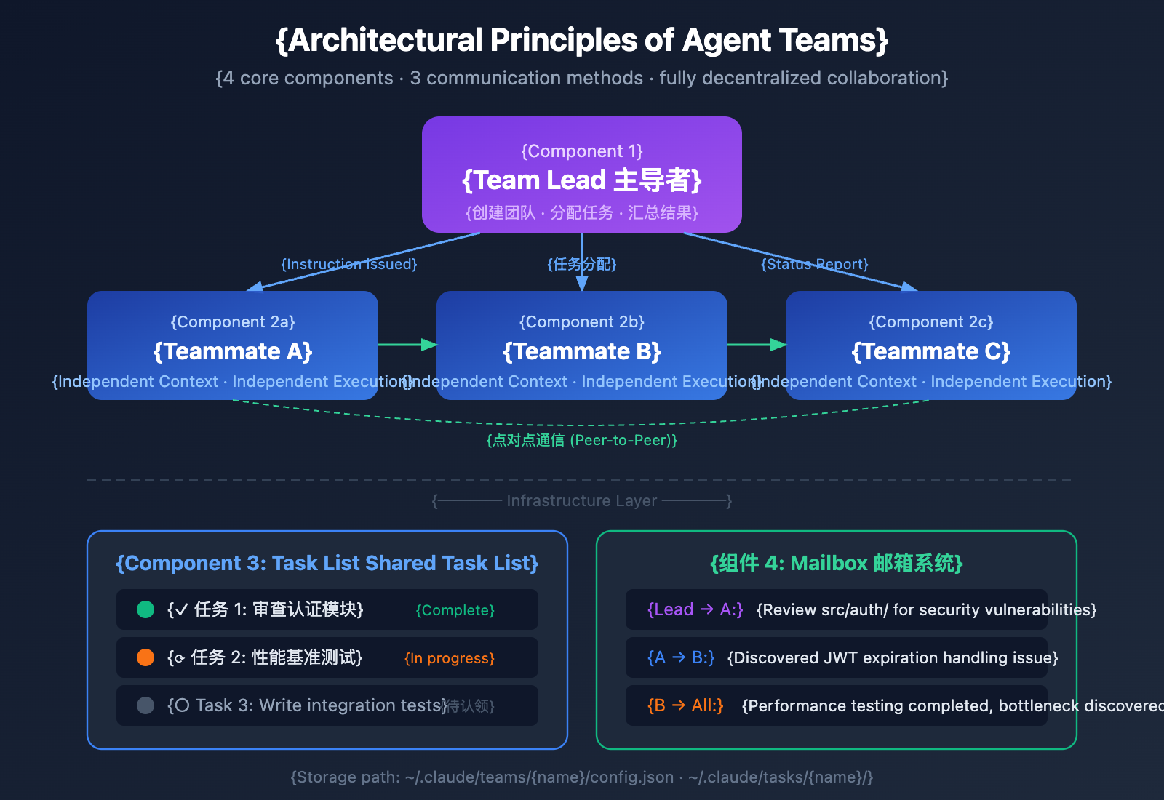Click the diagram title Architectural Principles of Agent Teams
[x=582, y=41]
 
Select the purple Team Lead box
[x=582, y=175]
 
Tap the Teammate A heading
[x=233, y=351]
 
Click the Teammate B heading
[x=582, y=351]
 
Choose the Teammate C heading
[x=931, y=351]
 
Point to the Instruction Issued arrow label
[x=349, y=264]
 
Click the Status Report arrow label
[x=815, y=264]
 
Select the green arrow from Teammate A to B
[x=407, y=345]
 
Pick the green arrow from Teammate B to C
[x=757, y=345]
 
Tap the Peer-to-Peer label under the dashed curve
[x=582, y=440]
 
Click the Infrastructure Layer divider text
[x=582, y=500]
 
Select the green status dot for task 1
[x=145, y=609]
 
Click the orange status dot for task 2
[x=145, y=657]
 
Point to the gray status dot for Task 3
[x=145, y=705]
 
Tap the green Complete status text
[x=455, y=610]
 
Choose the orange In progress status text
[x=450, y=658]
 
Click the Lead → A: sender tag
[x=695, y=609]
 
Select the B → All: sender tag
[x=685, y=705]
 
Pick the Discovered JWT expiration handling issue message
[x=893, y=657]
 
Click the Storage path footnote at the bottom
[x=582, y=777]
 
